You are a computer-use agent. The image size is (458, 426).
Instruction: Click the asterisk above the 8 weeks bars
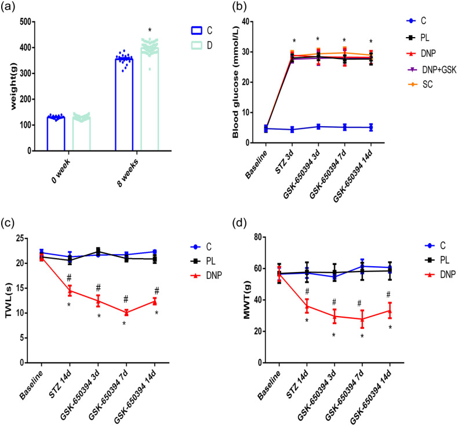click(150, 31)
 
